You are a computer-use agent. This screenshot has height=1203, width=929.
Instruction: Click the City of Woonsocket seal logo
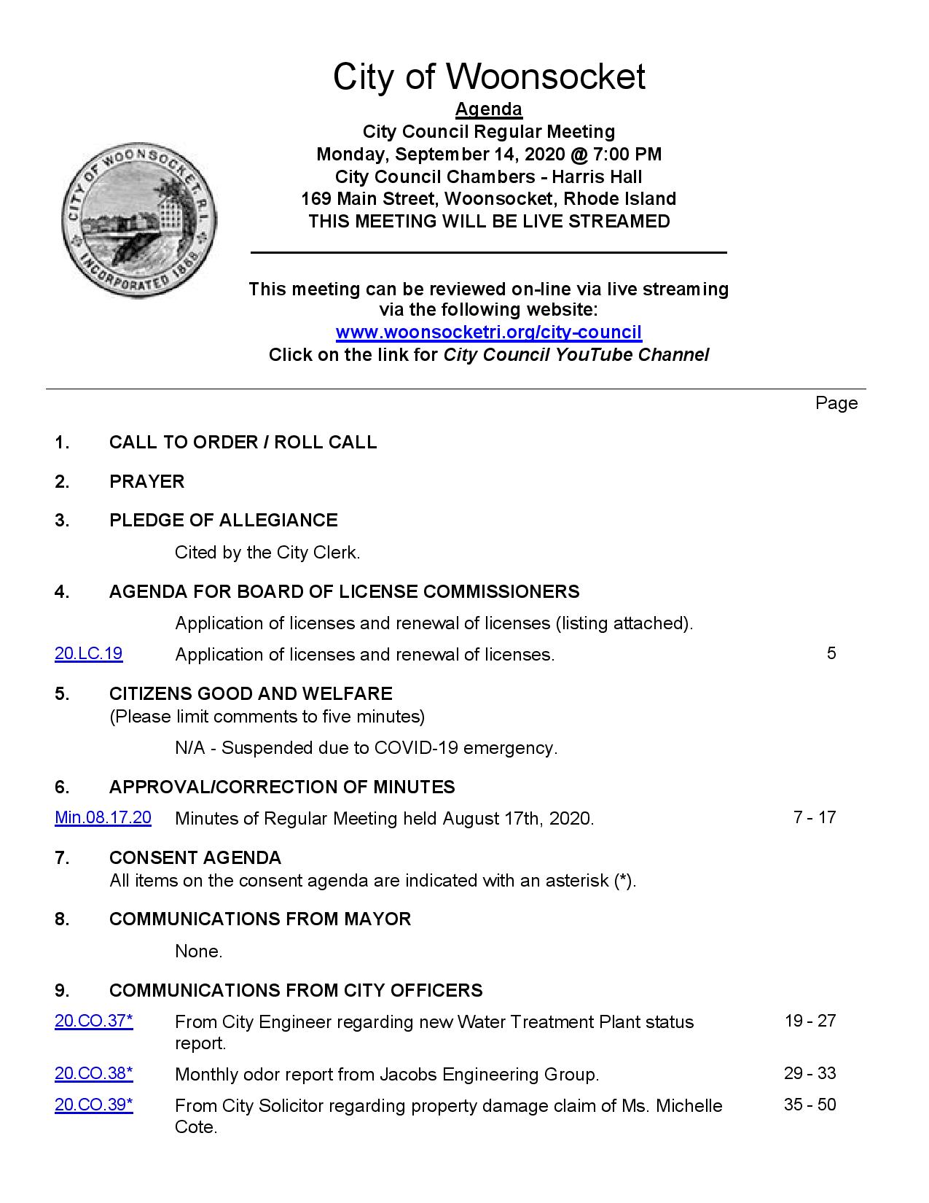(x=139, y=220)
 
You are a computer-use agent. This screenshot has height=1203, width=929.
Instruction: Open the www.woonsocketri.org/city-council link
(x=488, y=332)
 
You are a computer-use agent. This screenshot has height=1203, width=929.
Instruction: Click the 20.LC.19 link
(x=88, y=653)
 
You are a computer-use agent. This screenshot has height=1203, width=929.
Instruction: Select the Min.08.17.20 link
(x=103, y=817)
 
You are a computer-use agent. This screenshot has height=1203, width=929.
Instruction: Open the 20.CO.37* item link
(x=93, y=1021)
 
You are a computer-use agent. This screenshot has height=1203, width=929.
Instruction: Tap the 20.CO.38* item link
(x=93, y=1073)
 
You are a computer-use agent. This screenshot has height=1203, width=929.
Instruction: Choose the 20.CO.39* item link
(x=93, y=1105)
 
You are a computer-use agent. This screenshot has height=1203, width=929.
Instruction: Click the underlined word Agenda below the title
(x=488, y=109)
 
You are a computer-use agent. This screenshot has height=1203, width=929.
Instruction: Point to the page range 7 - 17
(x=814, y=817)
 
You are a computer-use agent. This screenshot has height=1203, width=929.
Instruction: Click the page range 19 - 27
(x=810, y=1021)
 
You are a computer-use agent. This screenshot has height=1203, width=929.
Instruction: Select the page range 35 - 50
(x=810, y=1105)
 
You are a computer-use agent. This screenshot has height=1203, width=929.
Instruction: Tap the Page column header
(x=836, y=403)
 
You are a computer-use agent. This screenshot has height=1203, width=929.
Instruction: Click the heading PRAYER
(x=146, y=481)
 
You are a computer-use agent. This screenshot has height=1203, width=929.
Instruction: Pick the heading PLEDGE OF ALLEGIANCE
(x=223, y=520)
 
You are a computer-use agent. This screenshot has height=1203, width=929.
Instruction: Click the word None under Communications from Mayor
(x=198, y=951)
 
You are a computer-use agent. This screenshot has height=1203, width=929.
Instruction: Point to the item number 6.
(x=61, y=787)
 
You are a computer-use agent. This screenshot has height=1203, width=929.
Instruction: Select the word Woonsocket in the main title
(x=545, y=77)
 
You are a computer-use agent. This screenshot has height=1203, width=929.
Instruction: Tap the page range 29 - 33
(x=810, y=1073)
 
